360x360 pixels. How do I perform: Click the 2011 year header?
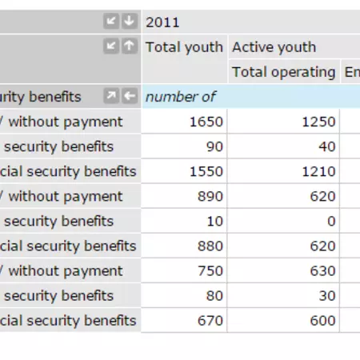[162, 22]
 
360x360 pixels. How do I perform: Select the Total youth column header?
[184, 47]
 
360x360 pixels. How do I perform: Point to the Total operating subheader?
[283, 72]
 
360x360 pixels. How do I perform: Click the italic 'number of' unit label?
[180, 97]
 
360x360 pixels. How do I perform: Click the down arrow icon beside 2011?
[129, 22]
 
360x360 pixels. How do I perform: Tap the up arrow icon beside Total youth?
[129, 47]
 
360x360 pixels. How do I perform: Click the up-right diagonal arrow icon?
[111, 97]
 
